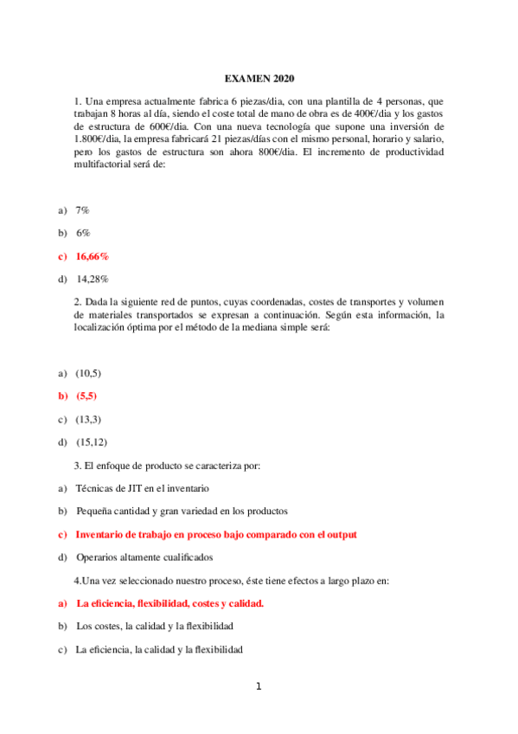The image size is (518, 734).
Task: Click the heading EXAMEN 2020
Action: click(x=259, y=77)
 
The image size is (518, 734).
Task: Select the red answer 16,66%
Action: click(x=92, y=256)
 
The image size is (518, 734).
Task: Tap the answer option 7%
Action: click(x=82, y=210)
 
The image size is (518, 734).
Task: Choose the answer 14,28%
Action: click(x=93, y=279)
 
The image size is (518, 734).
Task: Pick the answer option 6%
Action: click(x=82, y=233)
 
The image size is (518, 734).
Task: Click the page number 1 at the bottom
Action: click(x=258, y=687)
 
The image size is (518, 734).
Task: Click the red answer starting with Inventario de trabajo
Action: click(x=216, y=534)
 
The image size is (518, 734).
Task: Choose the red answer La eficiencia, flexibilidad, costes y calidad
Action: click(x=169, y=603)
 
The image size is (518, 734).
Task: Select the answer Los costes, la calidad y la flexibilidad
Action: click(x=154, y=626)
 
